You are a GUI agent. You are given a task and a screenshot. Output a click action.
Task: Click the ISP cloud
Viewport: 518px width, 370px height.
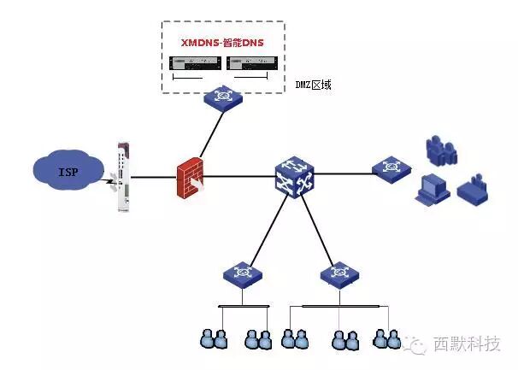67,172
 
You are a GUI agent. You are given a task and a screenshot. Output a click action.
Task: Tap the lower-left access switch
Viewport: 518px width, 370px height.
242,274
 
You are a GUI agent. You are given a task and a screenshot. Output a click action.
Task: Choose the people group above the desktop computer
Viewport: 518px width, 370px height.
439,148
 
